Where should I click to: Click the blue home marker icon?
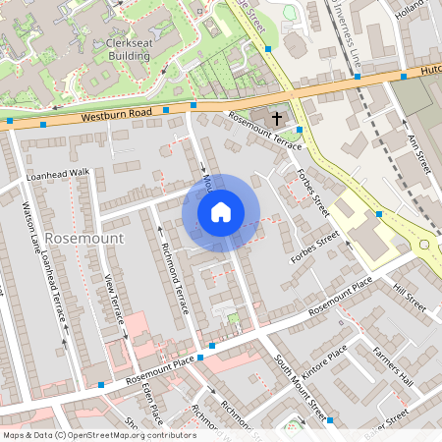(221, 212)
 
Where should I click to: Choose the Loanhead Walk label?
(59, 172)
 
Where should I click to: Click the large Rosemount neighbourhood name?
(84, 239)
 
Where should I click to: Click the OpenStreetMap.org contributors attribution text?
(129, 434)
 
